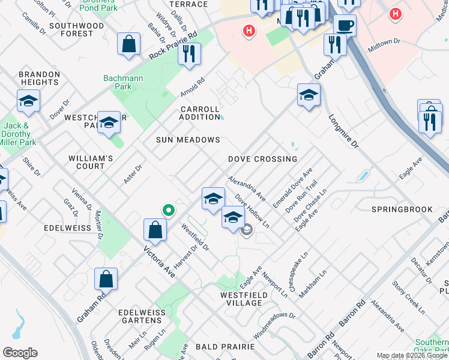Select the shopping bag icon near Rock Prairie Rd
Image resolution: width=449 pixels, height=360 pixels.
(129, 44)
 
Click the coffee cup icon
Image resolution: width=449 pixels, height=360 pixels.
(345, 25)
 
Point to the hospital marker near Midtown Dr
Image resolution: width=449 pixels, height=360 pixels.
(394, 13)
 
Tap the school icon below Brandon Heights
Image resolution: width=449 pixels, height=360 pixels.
(28, 101)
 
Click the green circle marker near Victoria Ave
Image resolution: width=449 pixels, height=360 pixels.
(169, 210)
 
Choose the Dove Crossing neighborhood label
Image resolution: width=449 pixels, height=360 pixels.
(262, 159)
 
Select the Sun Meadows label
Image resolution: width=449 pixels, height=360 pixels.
(188, 140)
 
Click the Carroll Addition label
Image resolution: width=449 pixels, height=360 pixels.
(200, 113)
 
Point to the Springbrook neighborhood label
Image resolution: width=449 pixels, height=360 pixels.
(402, 209)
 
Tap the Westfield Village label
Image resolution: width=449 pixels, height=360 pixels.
(241, 299)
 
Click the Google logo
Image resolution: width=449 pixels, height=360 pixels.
(20, 353)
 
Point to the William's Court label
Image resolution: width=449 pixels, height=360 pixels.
(91, 162)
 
